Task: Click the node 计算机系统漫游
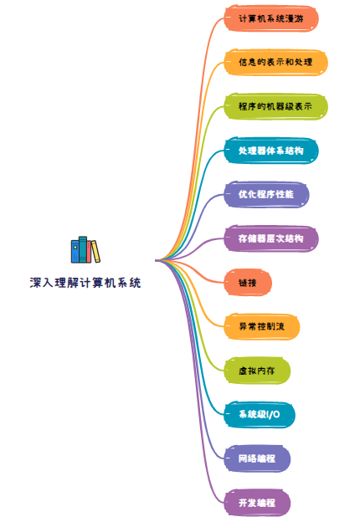(x=271, y=18)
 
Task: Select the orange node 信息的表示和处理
(x=275, y=63)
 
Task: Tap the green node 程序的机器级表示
(x=275, y=106)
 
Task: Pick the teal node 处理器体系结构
(x=271, y=151)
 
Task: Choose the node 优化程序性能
(x=266, y=195)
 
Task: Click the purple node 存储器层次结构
(x=271, y=238)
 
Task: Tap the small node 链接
(x=248, y=283)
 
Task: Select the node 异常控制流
(x=262, y=326)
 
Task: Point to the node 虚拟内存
(x=257, y=371)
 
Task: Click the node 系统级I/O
(x=260, y=415)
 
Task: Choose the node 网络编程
(x=257, y=458)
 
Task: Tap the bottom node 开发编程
(x=257, y=503)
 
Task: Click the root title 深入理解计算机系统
(x=85, y=283)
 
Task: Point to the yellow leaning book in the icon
(x=95, y=251)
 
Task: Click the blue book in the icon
(x=75, y=251)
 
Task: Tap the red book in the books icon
(x=89, y=252)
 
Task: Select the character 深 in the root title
(x=35, y=283)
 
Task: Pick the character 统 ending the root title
(x=135, y=283)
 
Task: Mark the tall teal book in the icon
(x=83, y=249)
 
